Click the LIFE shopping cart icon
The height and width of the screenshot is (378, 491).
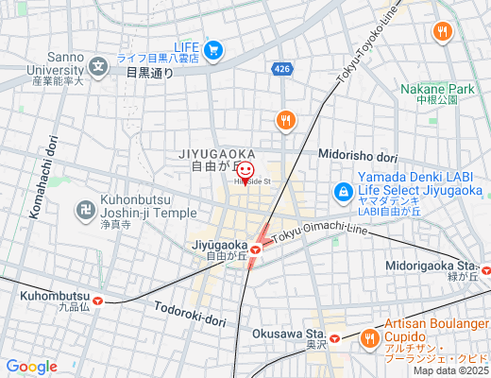214,49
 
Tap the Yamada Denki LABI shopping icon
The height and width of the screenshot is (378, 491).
343,193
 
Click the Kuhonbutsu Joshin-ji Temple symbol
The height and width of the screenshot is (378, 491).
85,206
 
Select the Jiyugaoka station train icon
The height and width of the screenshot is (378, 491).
255,249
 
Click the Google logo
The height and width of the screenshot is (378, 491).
31,367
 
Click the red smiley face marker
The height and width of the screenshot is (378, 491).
245,170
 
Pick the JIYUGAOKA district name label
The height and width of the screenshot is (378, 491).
215,152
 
